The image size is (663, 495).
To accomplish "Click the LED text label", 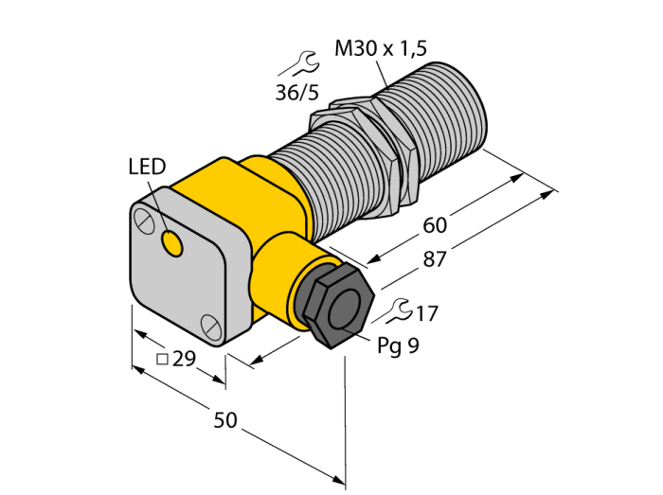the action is pyautogui.click(x=147, y=167).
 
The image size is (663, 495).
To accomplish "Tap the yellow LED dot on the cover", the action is pyautogui.click(x=171, y=244).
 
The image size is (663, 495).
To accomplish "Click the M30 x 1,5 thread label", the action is pyautogui.click(x=381, y=48).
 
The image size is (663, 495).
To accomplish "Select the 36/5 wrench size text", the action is pyautogui.click(x=296, y=93).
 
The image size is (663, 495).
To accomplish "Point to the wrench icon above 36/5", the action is pyautogui.click(x=299, y=63).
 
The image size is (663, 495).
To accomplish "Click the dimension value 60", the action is pyautogui.click(x=435, y=225).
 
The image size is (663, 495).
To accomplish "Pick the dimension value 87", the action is pyautogui.click(x=435, y=259).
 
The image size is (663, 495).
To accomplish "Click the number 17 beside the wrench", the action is pyautogui.click(x=426, y=314).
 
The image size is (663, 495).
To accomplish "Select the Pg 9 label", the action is pyautogui.click(x=398, y=345).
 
